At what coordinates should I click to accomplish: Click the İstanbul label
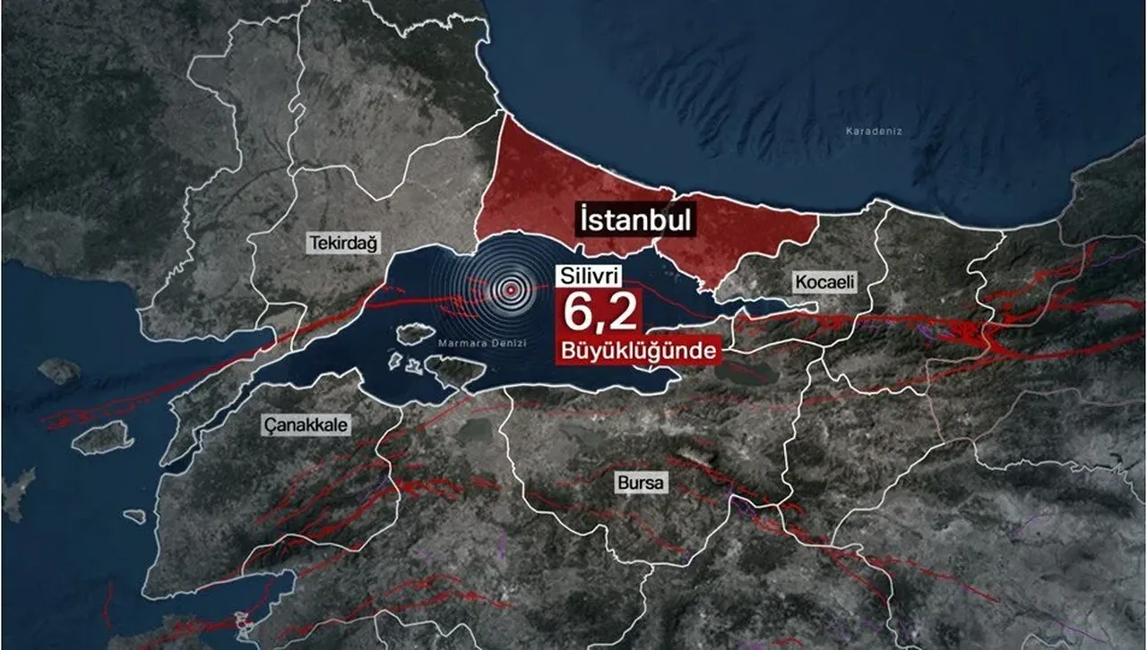point(635,219)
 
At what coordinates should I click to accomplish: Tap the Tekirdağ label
point(344,243)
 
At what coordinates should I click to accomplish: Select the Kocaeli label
point(825,283)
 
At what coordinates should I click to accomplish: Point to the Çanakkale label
point(306,424)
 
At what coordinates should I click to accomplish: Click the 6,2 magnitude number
point(599,313)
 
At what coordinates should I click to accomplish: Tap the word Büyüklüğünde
point(638,350)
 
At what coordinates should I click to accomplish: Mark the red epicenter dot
point(511,289)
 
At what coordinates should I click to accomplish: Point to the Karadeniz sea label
point(874,132)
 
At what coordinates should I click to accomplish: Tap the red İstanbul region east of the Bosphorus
point(744,233)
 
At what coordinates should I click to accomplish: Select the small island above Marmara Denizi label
point(415,334)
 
